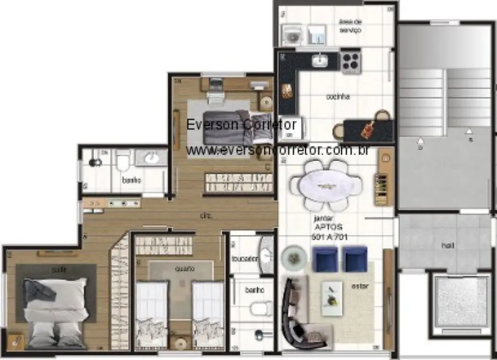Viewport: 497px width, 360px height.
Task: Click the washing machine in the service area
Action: pyautogui.click(x=291, y=35)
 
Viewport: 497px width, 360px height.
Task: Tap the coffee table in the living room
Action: pyautogui.click(x=332, y=298)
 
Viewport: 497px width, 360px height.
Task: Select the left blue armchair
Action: pyautogui.click(x=325, y=259)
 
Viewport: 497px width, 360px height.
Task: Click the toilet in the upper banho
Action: pyautogui.click(x=123, y=162)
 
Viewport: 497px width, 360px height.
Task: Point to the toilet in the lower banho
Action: pyautogui.click(x=259, y=308)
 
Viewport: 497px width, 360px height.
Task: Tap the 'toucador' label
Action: pyautogui.click(x=244, y=259)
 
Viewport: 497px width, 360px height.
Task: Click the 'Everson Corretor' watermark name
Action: pyautogui.click(x=242, y=125)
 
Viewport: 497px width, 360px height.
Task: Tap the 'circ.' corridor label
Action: pyautogui.click(x=207, y=216)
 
